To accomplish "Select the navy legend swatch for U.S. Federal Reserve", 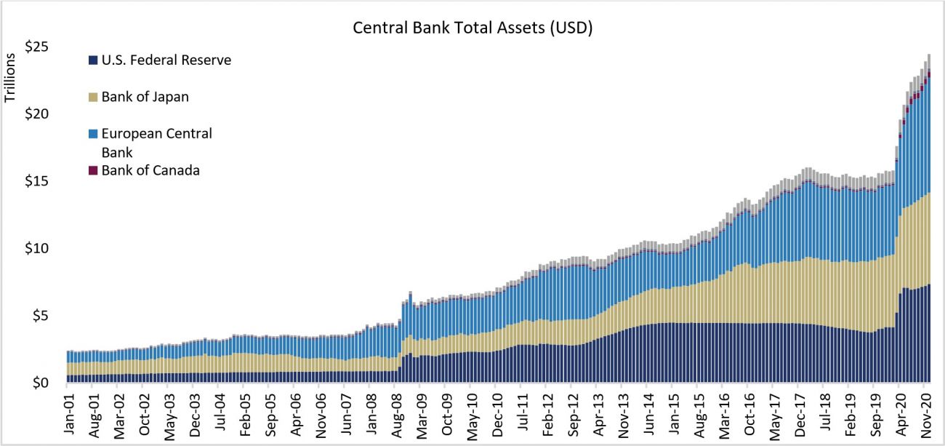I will tap(92, 60).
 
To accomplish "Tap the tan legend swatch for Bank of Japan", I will tap(92, 97).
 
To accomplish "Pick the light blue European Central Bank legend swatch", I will tap(92, 134).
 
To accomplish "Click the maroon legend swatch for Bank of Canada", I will tap(92, 171).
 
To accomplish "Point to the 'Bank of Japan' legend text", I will tap(145, 97).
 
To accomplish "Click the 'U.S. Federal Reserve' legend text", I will tap(166, 60).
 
